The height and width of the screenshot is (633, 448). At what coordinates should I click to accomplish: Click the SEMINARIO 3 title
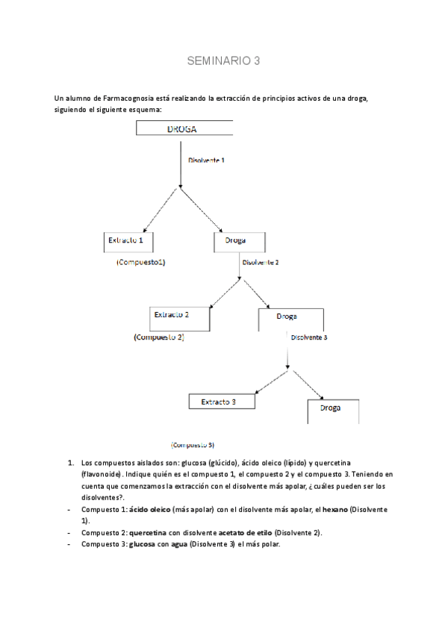223,61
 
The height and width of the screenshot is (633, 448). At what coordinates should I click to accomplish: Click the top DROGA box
184,128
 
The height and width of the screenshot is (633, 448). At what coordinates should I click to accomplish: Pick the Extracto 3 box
221,402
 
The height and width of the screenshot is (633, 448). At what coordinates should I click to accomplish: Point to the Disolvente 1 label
206,160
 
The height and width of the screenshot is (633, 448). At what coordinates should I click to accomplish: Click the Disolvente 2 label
261,263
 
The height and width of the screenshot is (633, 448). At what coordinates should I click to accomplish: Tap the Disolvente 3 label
309,337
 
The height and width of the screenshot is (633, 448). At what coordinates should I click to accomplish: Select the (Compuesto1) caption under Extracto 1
141,263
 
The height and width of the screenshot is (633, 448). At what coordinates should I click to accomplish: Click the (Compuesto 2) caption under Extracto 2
158,337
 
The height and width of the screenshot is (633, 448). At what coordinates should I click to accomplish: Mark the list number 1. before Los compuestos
69,463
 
